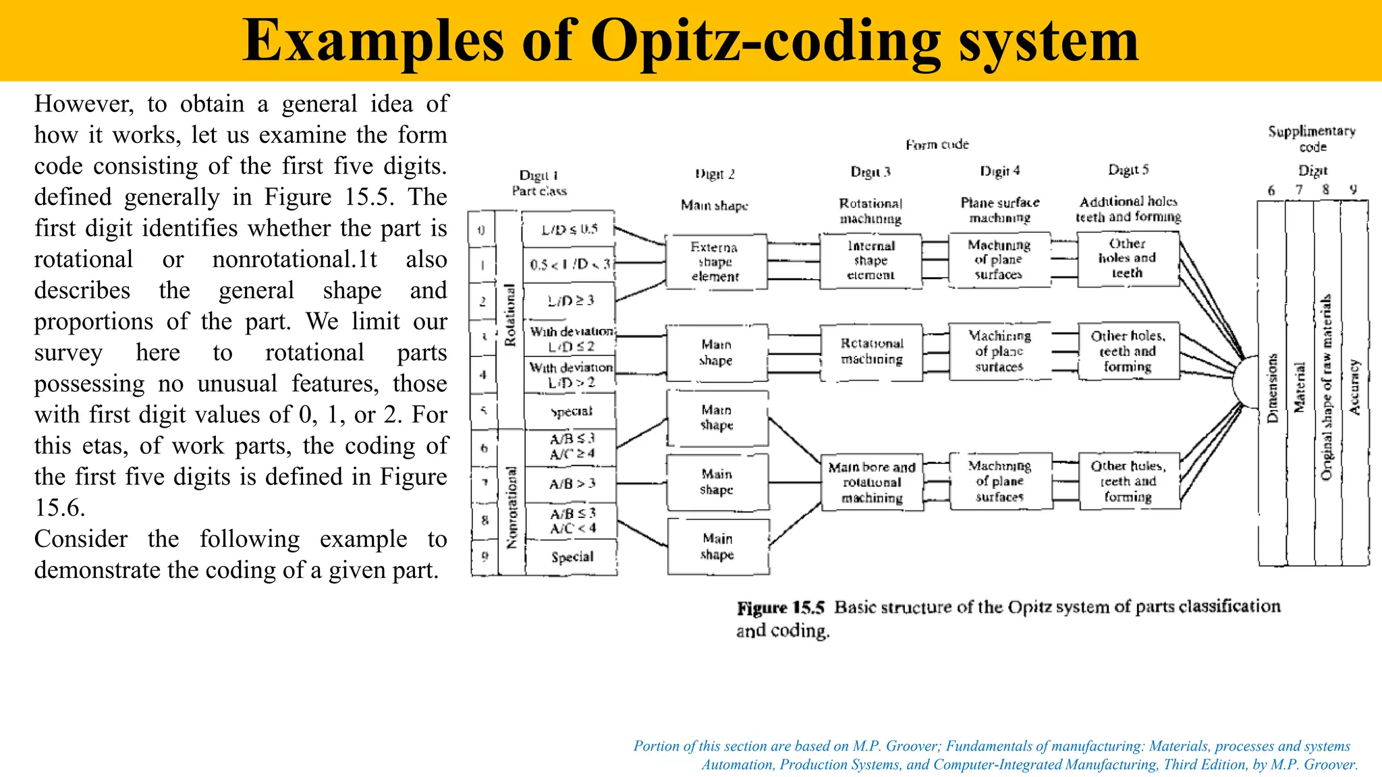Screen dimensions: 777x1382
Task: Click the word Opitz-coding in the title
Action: point(765,40)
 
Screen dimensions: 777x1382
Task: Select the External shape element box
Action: point(715,262)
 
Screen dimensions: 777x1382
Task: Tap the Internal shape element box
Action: point(870,261)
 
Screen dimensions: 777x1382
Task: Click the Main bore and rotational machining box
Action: point(872,482)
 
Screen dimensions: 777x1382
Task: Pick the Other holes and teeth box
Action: point(1128,259)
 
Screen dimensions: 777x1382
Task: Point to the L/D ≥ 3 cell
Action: point(570,300)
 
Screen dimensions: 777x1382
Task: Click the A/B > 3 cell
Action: point(572,484)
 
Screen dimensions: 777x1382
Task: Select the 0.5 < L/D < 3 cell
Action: point(570,264)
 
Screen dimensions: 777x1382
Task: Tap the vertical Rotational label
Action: point(510,315)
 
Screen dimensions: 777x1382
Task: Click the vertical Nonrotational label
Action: point(512,507)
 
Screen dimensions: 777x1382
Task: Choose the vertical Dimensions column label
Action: point(1273,388)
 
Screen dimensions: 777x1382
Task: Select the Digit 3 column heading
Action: point(870,172)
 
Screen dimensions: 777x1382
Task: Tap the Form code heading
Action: point(937,144)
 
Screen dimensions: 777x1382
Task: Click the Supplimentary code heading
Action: point(1312,138)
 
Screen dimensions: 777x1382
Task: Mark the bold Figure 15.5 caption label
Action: point(781,608)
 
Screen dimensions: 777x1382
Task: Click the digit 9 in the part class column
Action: point(485,557)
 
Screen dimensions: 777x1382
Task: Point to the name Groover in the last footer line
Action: point(1331,764)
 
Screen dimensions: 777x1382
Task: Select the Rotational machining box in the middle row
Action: point(872,351)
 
